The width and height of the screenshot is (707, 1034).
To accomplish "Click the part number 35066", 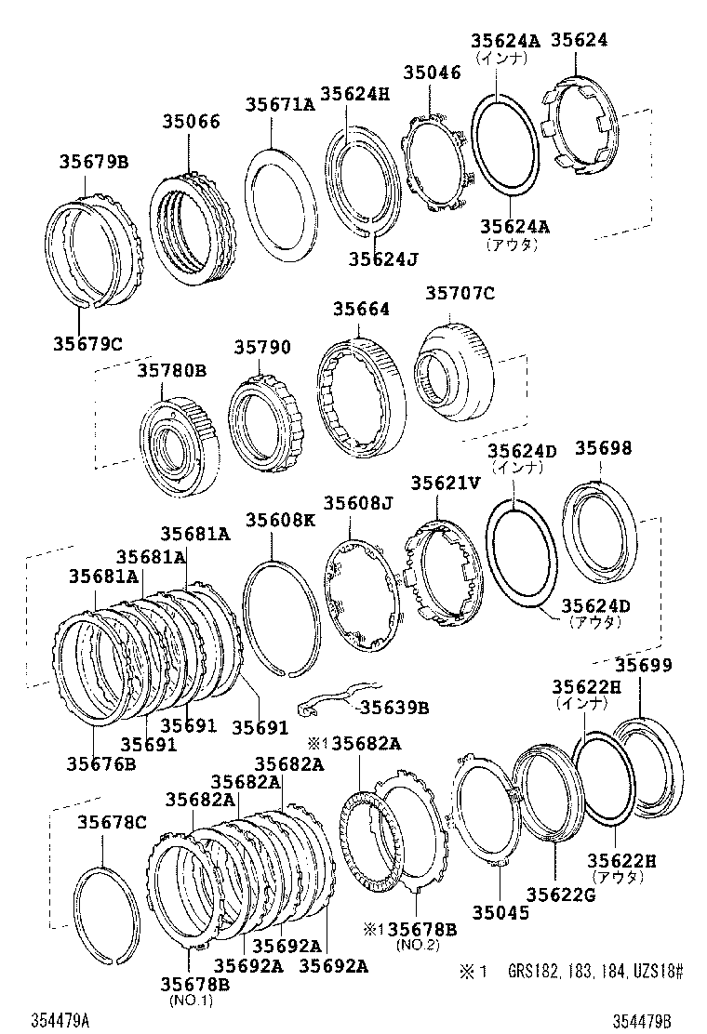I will coord(192,121).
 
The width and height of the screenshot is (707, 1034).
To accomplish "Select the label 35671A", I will coord(280,105).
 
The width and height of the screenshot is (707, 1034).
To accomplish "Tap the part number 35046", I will coord(432,73).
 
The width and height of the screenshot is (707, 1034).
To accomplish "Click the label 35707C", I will coord(460,294).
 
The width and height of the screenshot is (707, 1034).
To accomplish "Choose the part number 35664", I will coord(361,310).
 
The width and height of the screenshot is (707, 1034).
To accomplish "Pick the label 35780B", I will coord(172,370).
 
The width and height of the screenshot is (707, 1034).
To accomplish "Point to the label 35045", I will coord(500,912).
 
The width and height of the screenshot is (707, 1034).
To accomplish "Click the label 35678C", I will coord(112,822).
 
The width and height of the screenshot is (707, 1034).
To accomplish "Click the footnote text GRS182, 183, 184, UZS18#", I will coord(594,972).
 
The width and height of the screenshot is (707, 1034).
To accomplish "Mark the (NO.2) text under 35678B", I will coord(410,945).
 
